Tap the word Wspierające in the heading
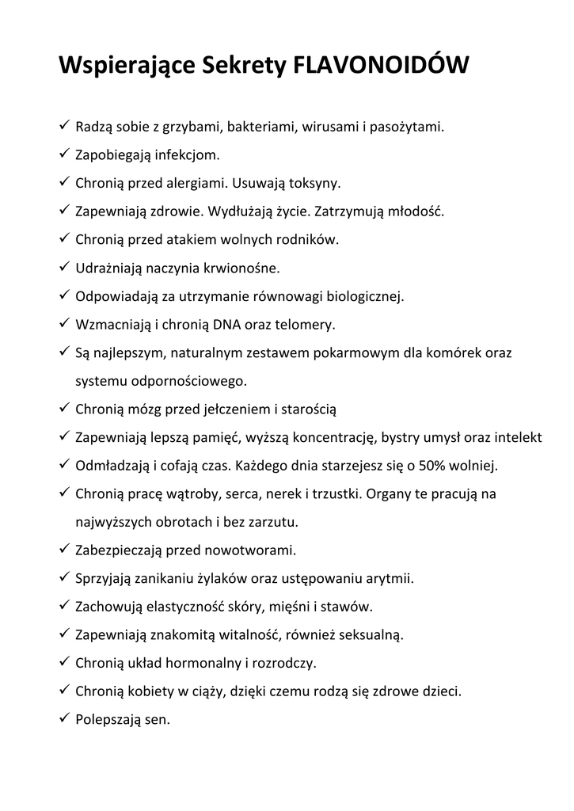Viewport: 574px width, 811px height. click(x=121, y=68)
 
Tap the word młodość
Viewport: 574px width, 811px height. click(x=416, y=211)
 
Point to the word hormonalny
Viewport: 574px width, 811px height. click(x=203, y=663)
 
